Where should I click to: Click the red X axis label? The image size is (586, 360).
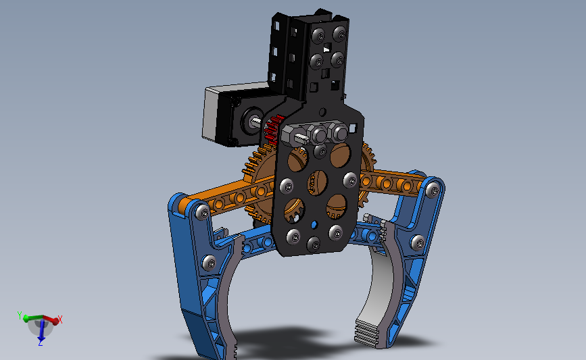point(60,318)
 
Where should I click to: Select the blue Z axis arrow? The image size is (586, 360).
point(41,331)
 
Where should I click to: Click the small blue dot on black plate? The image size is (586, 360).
point(314,224)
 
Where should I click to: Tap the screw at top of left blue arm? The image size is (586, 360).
point(201,212)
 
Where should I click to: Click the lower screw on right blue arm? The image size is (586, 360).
point(417,241)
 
